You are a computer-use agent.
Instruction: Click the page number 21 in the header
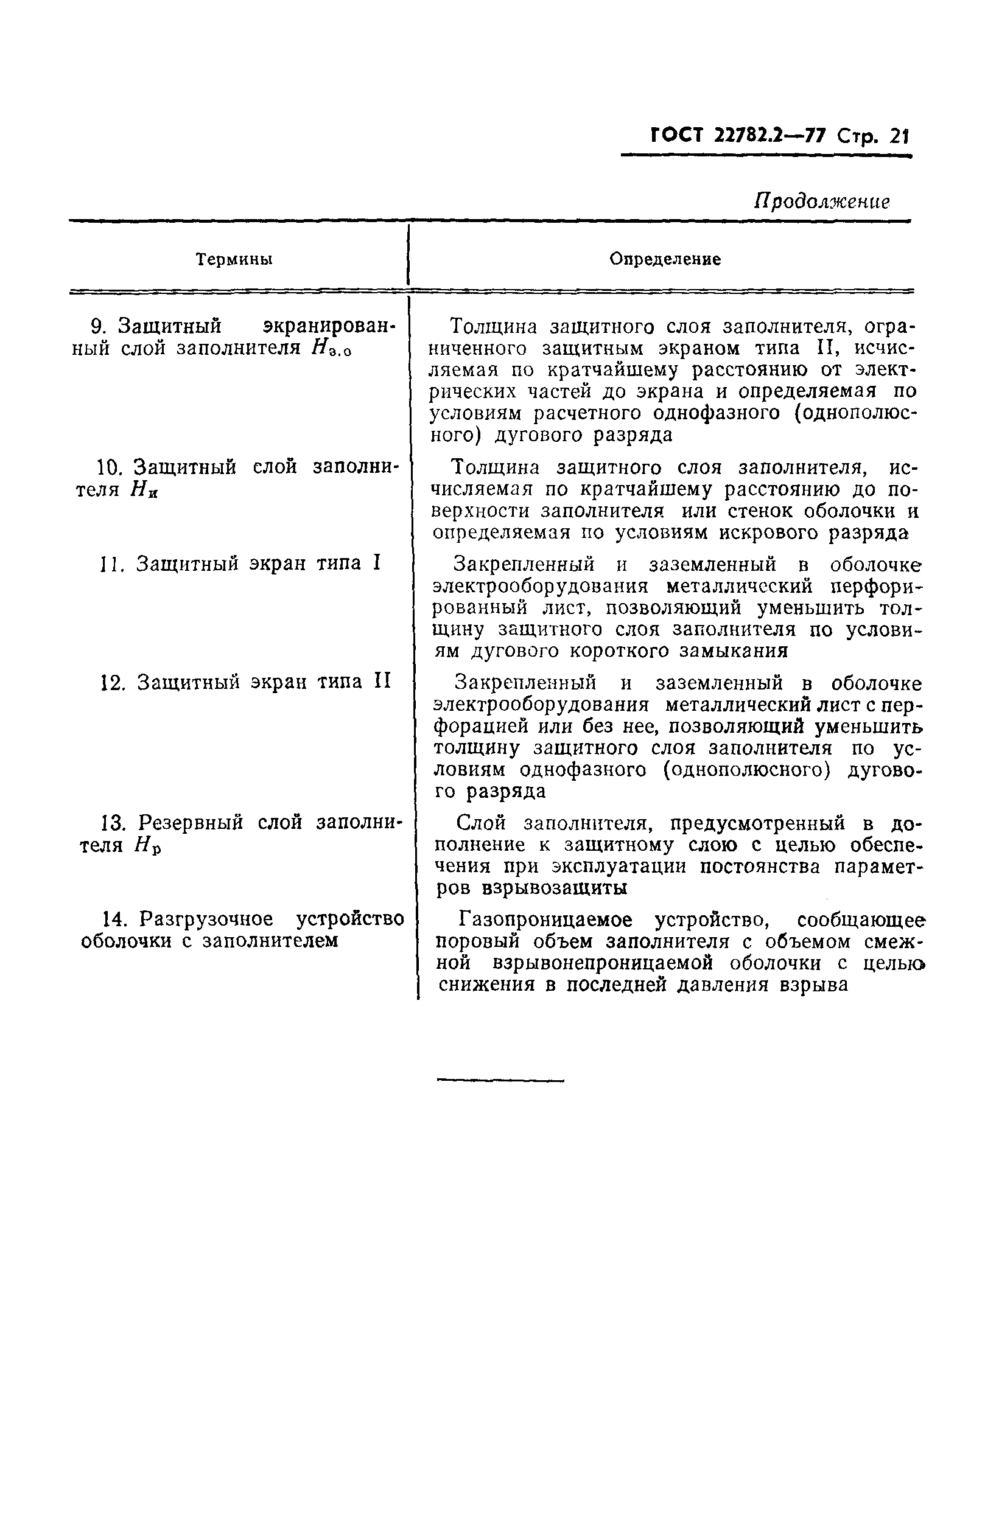(899, 137)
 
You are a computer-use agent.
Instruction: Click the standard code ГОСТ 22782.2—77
(739, 136)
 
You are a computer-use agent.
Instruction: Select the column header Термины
(234, 259)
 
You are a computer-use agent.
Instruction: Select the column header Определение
(665, 259)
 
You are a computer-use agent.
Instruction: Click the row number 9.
(97, 327)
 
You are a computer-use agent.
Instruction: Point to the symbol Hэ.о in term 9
(332, 349)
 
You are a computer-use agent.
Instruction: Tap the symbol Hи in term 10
(143, 490)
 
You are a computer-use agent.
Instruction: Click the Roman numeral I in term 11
(377, 563)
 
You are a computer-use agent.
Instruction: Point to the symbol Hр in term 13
(147, 846)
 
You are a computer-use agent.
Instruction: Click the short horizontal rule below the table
(500, 1081)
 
